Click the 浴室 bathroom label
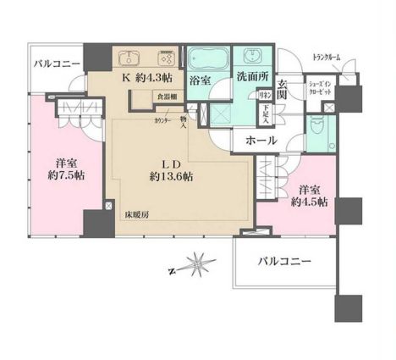point(200,80)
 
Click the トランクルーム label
point(326,56)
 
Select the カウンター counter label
point(162,121)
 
